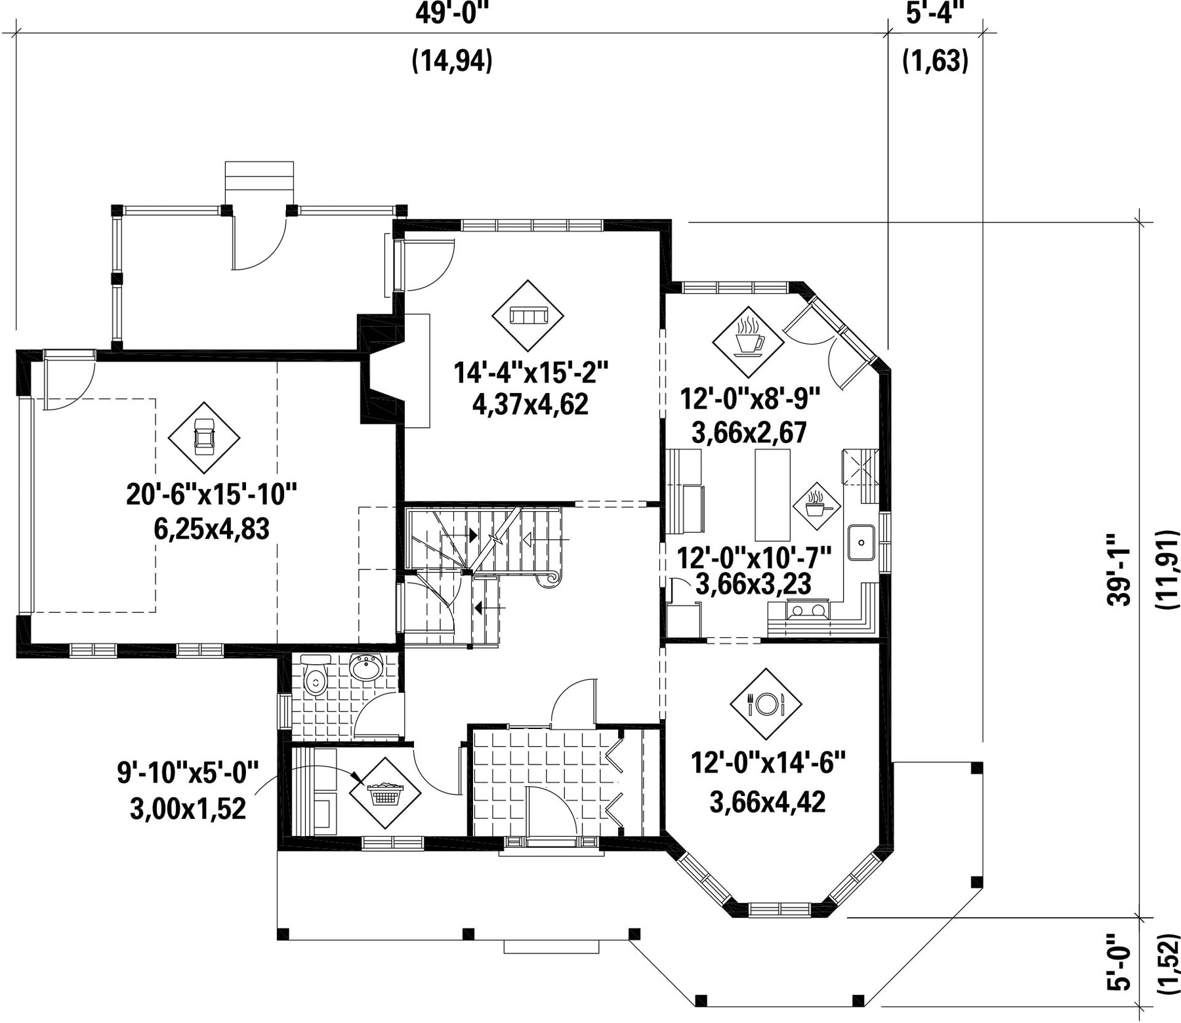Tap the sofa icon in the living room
pos(528,316)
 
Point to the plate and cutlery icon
pos(765,704)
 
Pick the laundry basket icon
pos(384,794)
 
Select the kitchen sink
pos(861,543)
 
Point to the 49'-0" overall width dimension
pos(453,12)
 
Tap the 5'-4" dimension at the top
pos(936,12)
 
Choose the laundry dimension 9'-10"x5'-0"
pos(188,772)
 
